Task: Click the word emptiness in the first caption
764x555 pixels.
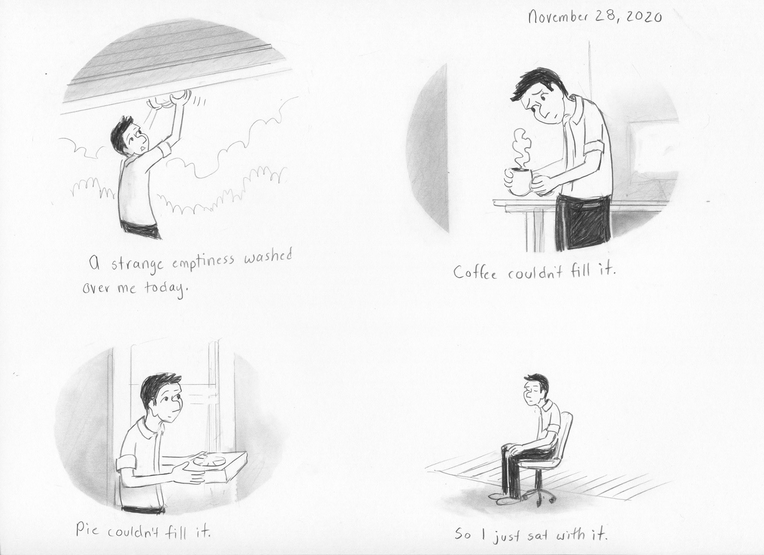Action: pos(204,264)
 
